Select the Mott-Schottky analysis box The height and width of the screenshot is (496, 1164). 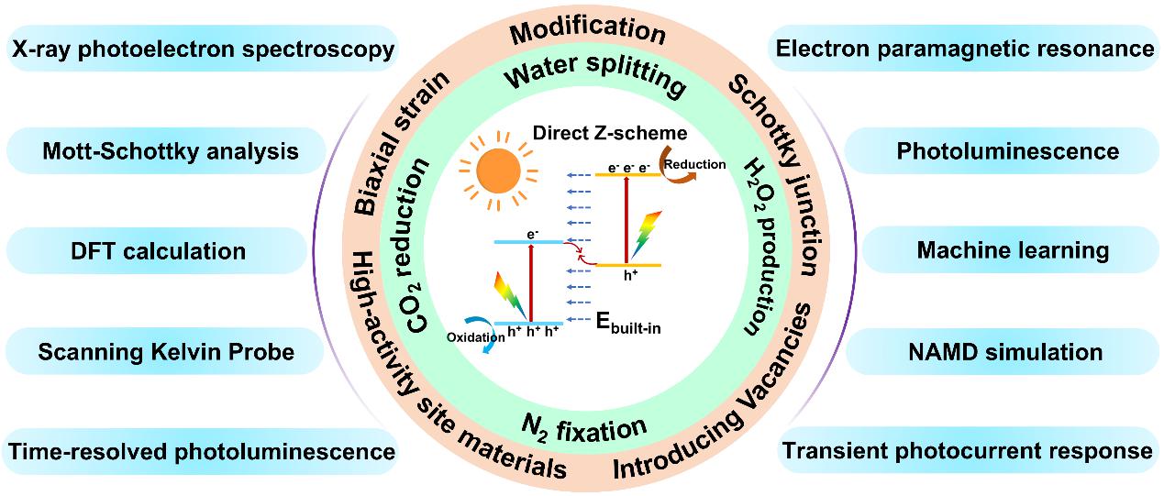tap(171, 150)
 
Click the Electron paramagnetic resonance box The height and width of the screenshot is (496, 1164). tap(964, 49)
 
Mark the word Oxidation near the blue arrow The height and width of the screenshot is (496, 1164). tap(476, 336)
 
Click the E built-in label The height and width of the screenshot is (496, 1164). tap(625, 324)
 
